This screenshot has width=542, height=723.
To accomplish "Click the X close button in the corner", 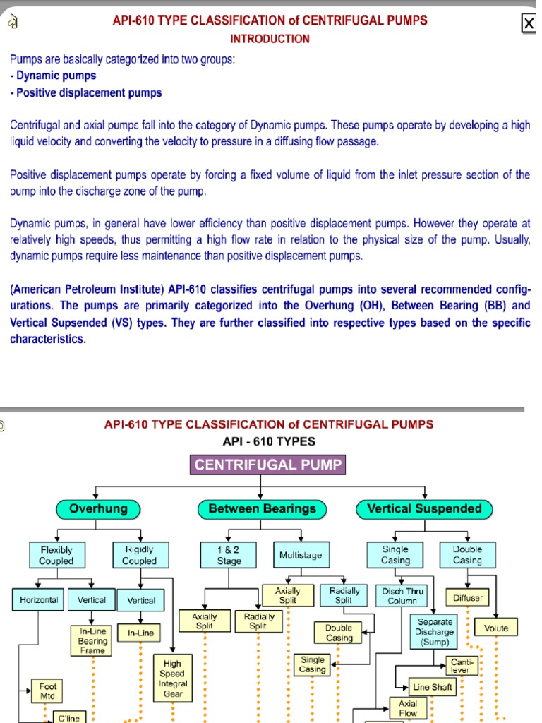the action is pos(528,24).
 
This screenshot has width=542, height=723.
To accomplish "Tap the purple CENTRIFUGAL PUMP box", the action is pos(268,465).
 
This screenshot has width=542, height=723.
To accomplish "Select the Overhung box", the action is pos(98,508).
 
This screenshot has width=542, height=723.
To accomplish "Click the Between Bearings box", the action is pos(262,508).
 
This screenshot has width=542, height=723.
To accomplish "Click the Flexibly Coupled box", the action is pos(56,555).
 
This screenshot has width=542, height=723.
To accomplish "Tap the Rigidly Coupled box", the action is pos(140,555).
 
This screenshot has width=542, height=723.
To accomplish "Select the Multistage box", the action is pos(300,555).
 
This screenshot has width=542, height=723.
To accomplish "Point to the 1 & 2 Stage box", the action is pos(229,555).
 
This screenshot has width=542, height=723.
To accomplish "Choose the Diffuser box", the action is pos(469,598).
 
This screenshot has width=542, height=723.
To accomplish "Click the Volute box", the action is pos(496,627).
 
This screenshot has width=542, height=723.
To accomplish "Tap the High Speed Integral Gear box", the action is pos(173,679).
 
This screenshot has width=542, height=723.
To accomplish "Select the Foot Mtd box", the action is pos(48,690).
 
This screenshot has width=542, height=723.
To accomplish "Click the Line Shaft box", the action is pos(433,686).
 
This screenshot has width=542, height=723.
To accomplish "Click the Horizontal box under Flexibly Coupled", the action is pos(39,600).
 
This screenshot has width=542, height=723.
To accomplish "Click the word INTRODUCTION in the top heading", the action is pos(270,39).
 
